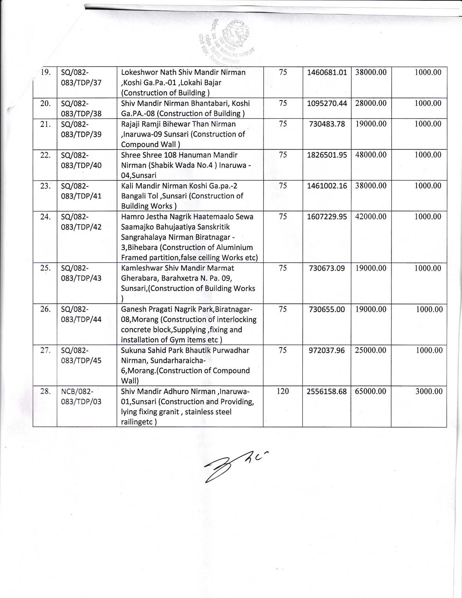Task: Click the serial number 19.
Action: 46,72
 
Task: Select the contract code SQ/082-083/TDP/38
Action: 81,108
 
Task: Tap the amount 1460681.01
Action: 327,72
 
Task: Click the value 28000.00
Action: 370,103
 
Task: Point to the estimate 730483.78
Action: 327,124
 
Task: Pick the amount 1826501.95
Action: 327,155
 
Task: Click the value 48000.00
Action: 370,155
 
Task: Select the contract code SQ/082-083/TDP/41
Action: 81,191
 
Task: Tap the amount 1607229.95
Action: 327,217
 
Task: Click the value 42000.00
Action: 370,217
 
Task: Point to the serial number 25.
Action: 46,268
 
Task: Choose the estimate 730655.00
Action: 327,310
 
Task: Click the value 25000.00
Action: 370,351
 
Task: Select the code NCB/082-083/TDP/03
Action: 81,396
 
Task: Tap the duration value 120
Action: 282,391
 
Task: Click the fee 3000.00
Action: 429,391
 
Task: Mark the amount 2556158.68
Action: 327,391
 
